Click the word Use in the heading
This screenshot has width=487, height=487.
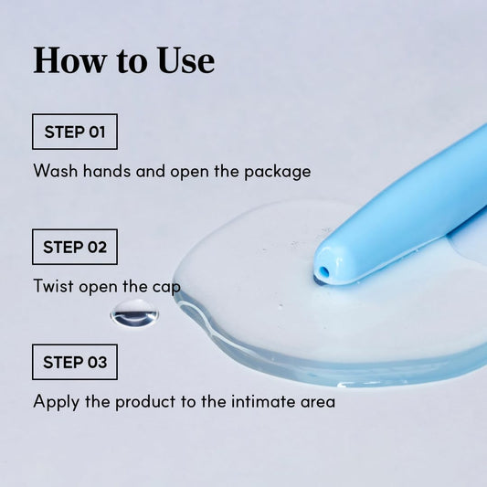[185, 60]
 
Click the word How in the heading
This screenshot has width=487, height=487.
[69, 60]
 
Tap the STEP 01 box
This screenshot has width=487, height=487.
[75, 132]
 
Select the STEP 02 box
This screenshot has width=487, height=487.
[75, 247]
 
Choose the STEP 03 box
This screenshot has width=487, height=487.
[75, 362]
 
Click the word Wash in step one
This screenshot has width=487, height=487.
[56, 171]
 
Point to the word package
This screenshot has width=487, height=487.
[278, 172]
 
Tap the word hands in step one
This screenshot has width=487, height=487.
[107, 171]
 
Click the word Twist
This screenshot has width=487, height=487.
[53, 286]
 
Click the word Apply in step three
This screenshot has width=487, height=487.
[57, 402]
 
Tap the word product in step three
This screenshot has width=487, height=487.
[145, 402]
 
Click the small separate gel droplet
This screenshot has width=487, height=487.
[134, 313]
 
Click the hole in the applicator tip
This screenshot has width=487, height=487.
[323, 271]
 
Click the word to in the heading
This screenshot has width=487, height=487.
[132, 62]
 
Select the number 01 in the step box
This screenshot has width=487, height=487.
[97, 132]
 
